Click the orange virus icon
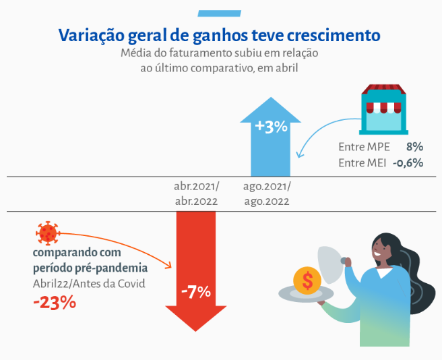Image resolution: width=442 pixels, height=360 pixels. coord(47,233)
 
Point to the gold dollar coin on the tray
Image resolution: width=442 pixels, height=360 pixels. coord(307,280)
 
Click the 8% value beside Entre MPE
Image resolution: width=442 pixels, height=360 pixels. coord(414,146)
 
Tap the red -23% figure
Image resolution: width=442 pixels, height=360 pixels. coord(55,303)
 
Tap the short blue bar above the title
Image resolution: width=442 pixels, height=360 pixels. coord(220,12)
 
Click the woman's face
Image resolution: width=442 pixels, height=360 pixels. coord(381,249)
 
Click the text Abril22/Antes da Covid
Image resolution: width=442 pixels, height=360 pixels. coord(88,284)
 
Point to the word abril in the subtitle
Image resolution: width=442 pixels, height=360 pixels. coord(284,67)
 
